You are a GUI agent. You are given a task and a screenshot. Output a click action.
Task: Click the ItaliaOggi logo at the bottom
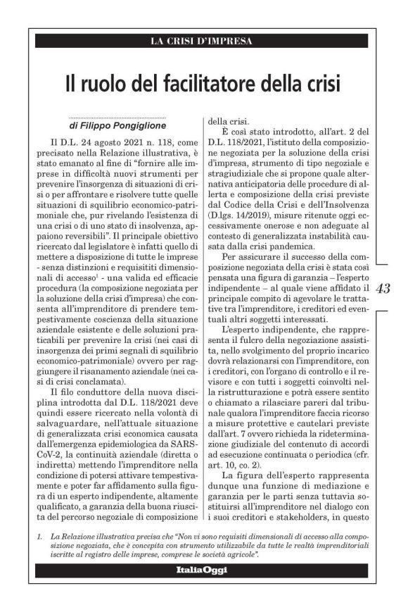tap(202, 570)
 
